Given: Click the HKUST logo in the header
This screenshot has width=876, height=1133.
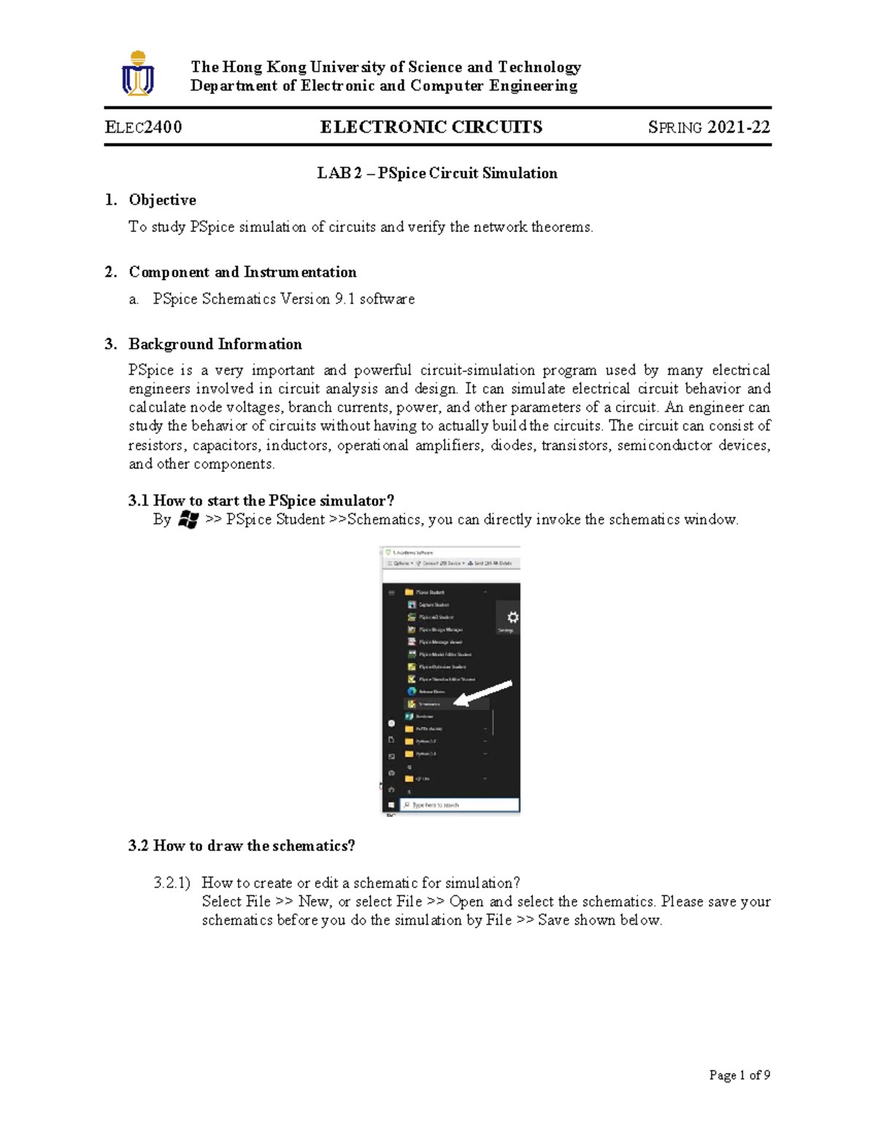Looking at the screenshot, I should pos(138,74).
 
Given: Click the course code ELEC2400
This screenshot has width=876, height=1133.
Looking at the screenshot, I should pos(144,127).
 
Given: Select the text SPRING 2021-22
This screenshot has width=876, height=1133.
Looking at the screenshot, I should pos(709,127).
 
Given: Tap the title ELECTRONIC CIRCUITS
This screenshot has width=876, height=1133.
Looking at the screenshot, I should pos(431,127).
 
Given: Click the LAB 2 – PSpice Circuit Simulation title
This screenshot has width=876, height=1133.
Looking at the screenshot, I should pos(437,173).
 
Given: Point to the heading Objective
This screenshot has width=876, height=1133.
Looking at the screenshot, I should pos(162,200).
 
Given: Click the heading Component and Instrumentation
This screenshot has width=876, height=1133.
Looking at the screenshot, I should pos(242,272).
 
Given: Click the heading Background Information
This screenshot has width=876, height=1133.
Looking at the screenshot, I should pos(215,344).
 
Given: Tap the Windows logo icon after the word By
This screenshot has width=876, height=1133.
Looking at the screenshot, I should pos(188,519).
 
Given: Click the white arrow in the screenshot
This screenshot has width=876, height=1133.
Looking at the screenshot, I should pos(483,693).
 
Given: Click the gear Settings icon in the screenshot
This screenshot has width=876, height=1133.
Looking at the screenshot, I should pos(512,617).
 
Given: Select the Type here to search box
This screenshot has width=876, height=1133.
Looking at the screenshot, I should pos(460,805).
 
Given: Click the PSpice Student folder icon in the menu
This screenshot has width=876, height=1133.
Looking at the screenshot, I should pos(410,592).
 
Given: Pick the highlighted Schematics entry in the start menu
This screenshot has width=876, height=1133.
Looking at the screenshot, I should pos(430,704).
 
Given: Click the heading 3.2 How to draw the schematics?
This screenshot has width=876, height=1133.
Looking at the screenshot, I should pos(242,846).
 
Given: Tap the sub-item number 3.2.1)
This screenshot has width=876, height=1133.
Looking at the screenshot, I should pos(172,883).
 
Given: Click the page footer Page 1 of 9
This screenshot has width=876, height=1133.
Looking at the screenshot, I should pos(739,1075).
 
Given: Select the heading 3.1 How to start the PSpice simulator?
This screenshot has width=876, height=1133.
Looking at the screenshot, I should pos(261,500).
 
